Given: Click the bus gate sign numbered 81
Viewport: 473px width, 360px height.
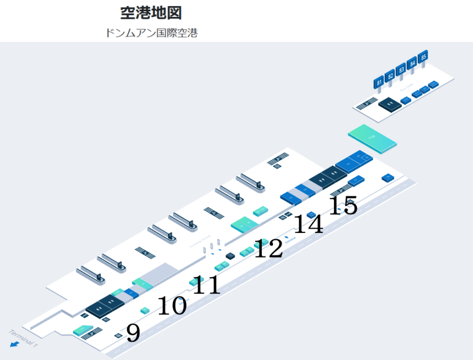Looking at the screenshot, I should coord(379,82).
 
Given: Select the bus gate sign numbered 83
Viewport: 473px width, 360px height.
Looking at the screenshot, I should coord(400,70).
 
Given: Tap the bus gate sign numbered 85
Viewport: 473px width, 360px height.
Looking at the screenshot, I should coord(423,57).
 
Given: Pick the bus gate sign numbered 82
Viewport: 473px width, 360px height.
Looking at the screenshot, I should coord(390,76).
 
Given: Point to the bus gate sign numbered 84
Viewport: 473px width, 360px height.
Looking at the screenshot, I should coord(412,63).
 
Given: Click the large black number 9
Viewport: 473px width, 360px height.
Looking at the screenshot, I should coord(133,333).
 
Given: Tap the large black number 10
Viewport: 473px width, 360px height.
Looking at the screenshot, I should coord(172,306).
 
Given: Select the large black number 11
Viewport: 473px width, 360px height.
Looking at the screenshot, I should coord(207,285).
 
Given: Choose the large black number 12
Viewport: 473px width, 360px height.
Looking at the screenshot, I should coord(268,248).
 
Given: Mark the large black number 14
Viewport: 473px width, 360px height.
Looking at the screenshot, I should coord(308,224).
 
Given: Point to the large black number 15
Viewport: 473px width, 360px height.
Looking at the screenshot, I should coord(343,205).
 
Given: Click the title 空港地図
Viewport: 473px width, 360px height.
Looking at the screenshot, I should coord(151,13).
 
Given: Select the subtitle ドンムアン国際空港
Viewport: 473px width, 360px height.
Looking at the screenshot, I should coord(151,33).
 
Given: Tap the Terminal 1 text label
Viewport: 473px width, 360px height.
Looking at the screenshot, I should coord(22,337).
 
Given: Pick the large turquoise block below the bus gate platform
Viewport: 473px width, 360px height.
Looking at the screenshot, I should coord(373,138).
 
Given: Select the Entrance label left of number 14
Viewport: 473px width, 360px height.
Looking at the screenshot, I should coord(290,238).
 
